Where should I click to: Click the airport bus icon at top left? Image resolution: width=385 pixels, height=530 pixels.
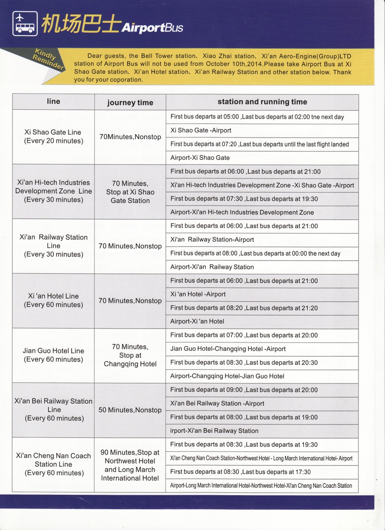tap(25, 24)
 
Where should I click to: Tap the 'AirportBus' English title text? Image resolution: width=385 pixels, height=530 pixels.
tap(152, 28)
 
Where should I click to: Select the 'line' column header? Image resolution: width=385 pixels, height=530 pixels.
tap(53, 101)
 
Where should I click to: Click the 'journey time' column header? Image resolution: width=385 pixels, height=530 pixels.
tap(130, 103)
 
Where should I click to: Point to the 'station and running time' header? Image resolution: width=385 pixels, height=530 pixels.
tap(262, 102)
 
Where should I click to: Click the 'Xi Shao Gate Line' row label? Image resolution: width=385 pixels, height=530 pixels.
tap(53, 137)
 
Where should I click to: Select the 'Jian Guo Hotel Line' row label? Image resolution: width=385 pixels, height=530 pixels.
tap(53, 355)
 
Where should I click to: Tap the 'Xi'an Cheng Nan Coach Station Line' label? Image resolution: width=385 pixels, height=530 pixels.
tap(53, 464)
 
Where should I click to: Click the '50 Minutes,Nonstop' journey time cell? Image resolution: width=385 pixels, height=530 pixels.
tap(130, 410)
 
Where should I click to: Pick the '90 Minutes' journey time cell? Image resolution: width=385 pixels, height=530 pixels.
tap(130, 465)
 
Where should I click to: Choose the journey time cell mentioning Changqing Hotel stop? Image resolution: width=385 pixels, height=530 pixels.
tap(130, 355)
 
